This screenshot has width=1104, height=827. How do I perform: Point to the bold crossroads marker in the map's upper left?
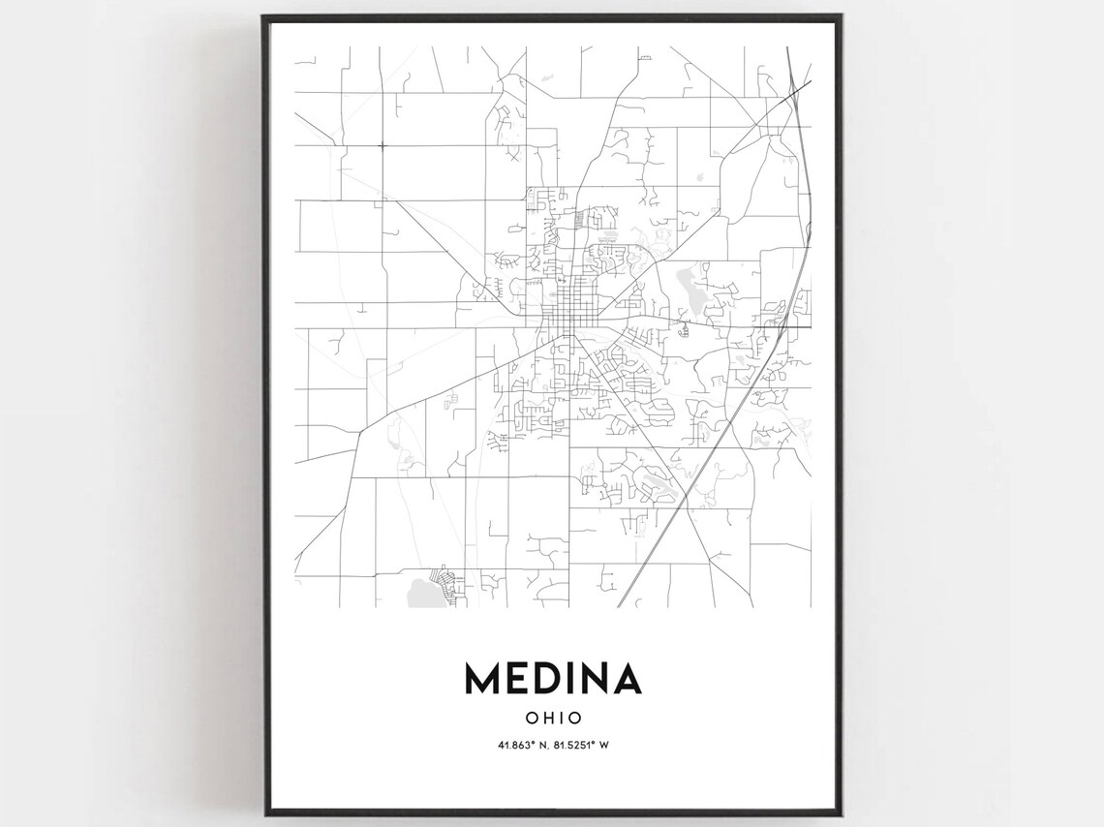382,146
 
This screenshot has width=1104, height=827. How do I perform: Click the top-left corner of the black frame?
263,16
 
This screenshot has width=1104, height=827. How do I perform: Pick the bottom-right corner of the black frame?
842,815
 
